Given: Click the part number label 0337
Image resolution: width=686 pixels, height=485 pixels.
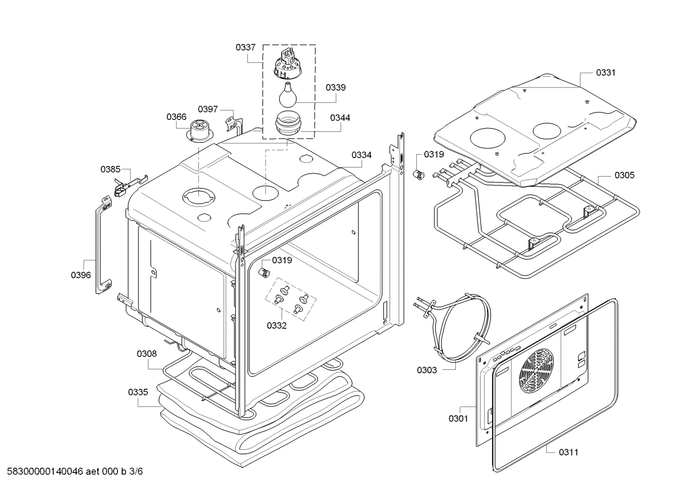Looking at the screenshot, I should pyautogui.click(x=245, y=47).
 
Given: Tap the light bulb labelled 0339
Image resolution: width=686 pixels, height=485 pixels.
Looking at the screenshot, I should pyautogui.click(x=288, y=96).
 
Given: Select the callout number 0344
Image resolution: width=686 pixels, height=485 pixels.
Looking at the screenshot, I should pyautogui.click(x=340, y=118).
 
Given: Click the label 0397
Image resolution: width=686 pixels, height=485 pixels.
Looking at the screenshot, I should pyautogui.click(x=208, y=109).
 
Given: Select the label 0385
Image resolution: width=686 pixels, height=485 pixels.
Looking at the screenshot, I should pyautogui.click(x=110, y=169).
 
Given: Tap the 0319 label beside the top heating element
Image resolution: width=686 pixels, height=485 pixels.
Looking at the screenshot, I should pyautogui.click(x=434, y=154).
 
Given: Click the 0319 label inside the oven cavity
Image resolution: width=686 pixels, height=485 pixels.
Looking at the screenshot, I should pyautogui.click(x=282, y=260).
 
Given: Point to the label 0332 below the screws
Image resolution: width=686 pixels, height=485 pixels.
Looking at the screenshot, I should pyautogui.click(x=276, y=326).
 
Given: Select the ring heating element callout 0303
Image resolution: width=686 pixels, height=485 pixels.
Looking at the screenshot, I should pyautogui.click(x=427, y=370).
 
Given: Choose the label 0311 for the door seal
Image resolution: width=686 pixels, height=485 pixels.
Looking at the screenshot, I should pyautogui.click(x=568, y=452).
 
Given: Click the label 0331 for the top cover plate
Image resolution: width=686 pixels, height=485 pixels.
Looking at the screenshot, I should pyautogui.click(x=606, y=72).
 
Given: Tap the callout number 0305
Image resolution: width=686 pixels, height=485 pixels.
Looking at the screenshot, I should pyautogui.click(x=624, y=175).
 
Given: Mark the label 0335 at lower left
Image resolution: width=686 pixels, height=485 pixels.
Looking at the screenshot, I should pyautogui.click(x=138, y=392).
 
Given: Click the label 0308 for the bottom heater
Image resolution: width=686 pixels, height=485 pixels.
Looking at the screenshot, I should pyautogui.click(x=147, y=354).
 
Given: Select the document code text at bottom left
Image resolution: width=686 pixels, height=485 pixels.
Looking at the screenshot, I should pyautogui.click(x=72, y=472).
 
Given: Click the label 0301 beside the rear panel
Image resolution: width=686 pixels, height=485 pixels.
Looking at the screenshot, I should pyautogui.click(x=458, y=418).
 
